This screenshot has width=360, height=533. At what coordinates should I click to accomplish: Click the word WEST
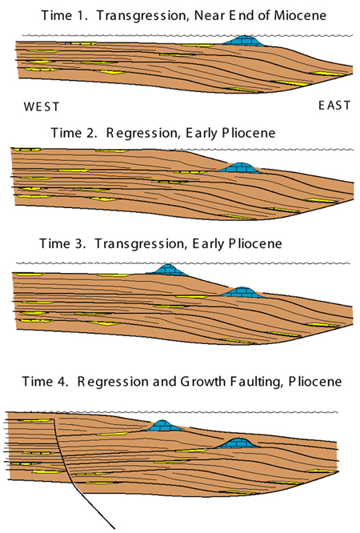tap(41, 106)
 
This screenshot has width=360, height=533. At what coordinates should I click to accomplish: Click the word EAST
tap(334, 106)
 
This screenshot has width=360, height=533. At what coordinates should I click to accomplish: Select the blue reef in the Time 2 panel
tap(240, 167)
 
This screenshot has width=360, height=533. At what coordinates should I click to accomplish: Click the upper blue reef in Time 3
tap(167, 270)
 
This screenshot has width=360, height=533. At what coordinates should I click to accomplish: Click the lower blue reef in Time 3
tap(241, 292)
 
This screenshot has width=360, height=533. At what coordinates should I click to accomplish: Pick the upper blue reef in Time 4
tap(163, 425)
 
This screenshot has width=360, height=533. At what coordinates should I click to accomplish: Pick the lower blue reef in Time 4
tap(237, 443)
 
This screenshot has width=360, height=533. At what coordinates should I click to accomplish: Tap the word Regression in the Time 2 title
tap(142, 133)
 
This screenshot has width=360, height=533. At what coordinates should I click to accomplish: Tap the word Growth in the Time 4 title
tap(202, 382)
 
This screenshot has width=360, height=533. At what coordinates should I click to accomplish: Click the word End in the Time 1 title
tap(241, 15)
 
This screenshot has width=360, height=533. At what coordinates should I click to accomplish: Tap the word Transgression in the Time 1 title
tap(143, 16)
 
